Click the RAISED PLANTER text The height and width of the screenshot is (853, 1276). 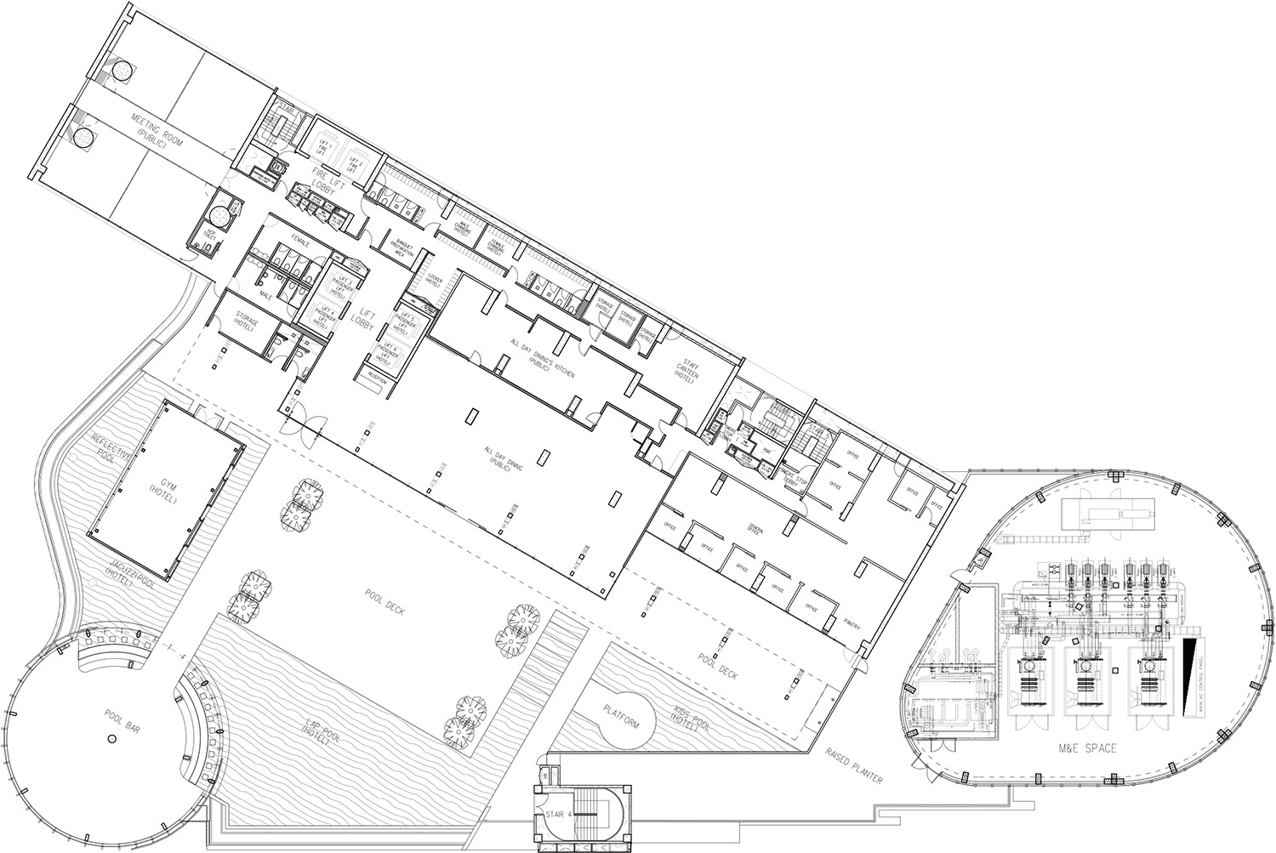pos(853,765)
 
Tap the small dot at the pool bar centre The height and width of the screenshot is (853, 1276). pos(110,742)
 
